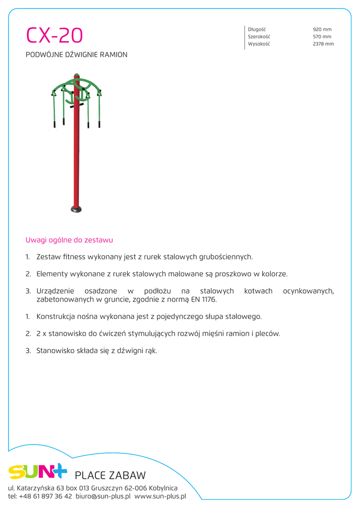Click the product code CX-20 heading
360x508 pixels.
point(55,36)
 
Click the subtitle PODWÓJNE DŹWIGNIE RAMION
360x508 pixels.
point(76,55)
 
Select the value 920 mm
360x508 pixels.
point(322,30)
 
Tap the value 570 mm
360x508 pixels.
point(322,37)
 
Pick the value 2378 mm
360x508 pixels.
point(323,44)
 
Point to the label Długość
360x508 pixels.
point(257,30)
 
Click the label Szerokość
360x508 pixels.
point(259,37)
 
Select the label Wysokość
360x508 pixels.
point(259,44)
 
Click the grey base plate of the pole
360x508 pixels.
point(76,209)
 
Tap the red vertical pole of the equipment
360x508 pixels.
point(76,159)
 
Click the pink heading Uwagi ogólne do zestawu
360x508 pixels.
point(69,240)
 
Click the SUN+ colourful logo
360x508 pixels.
point(37,471)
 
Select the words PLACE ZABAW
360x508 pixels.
point(110,476)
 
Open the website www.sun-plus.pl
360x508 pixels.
point(160,496)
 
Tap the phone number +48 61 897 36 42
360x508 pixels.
point(45,496)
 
